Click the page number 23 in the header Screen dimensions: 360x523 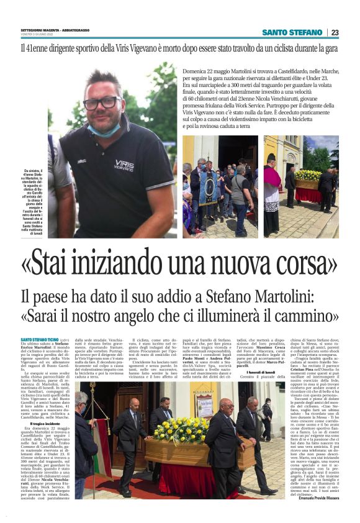pos(335,32)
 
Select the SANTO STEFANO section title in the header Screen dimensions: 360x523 pos(292,32)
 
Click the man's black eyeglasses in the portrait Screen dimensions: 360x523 pos(103,102)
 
